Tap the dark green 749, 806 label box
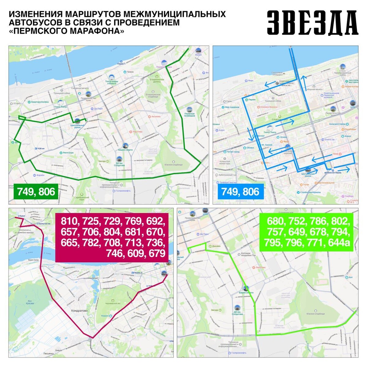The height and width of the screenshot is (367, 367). (x=36, y=192)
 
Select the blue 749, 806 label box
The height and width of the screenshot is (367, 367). (x=240, y=192)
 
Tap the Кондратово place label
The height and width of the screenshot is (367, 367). (x=80, y=310)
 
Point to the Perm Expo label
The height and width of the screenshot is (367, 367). (x=68, y=152)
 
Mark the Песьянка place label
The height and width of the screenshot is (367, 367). (x=48, y=354)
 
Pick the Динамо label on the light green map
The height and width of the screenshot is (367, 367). (x=216, y=246)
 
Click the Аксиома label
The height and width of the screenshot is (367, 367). (x=156, y=117)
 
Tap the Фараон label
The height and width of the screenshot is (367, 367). (x=40, y=175)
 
